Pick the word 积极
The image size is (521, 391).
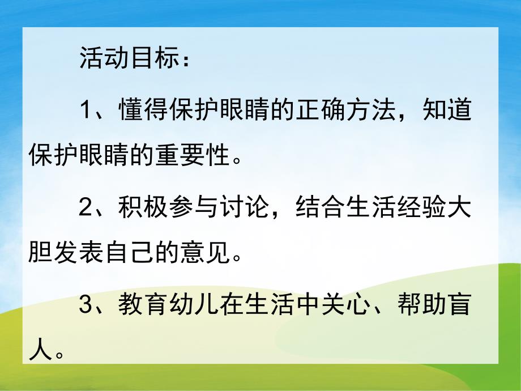[x=137, y=209]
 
